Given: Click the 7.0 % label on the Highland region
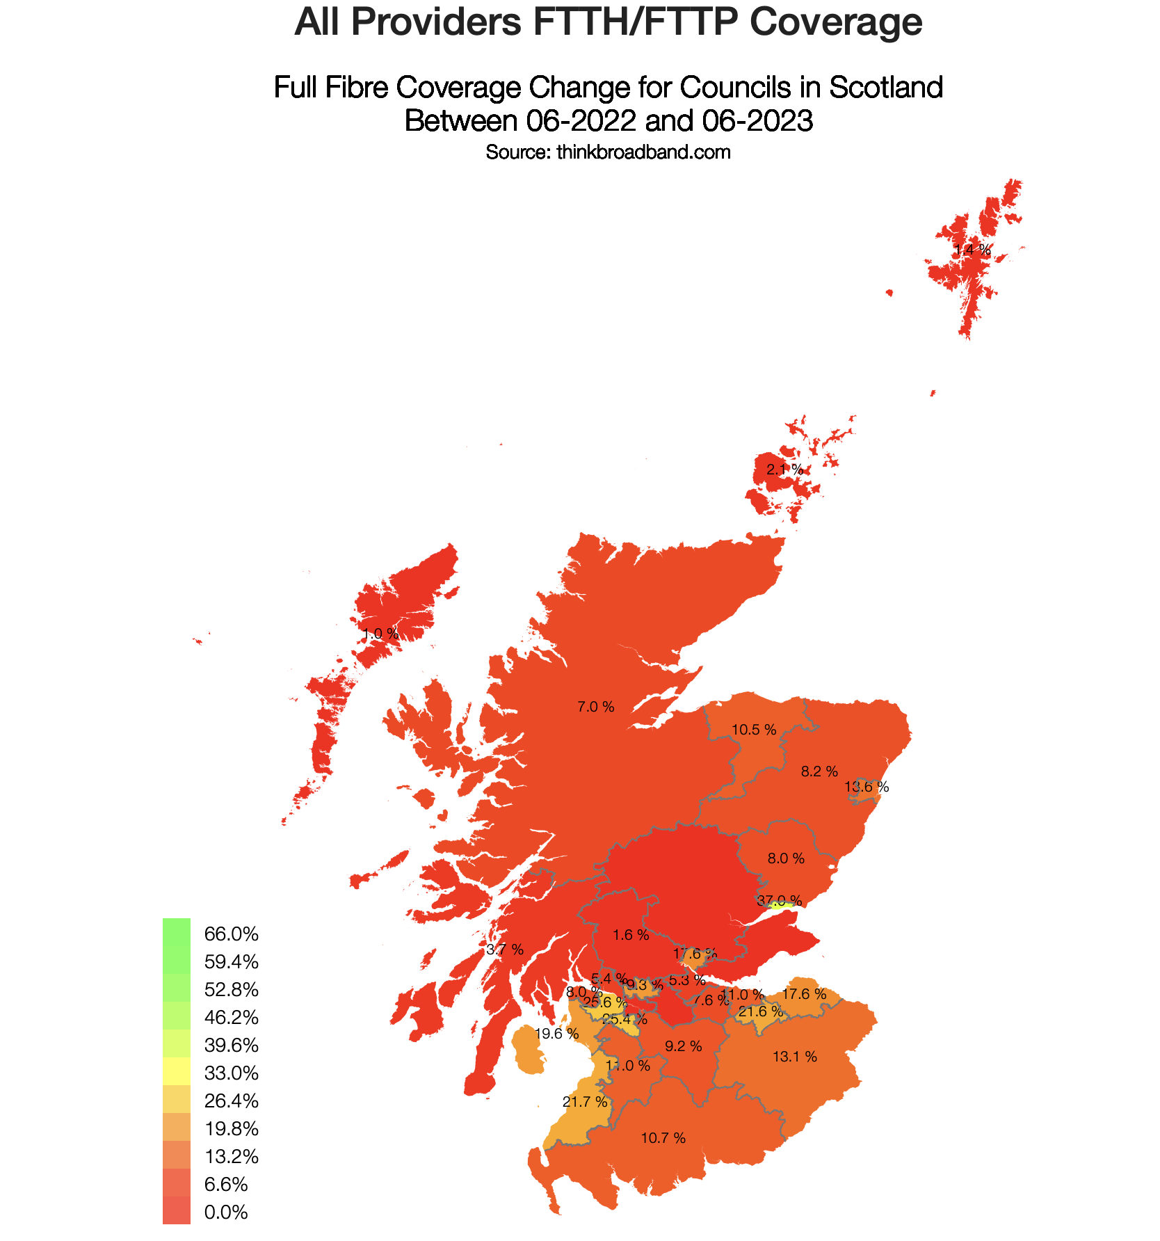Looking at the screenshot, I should tap(596, 707).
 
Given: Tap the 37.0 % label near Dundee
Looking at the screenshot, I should tap(779, 901).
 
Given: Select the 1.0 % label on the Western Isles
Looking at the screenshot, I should tap(380, 634).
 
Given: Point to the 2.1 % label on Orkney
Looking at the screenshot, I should tap(784, 470).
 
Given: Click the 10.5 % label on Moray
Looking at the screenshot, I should tap(754, 730).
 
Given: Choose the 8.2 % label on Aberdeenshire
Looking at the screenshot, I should tap(819, 771).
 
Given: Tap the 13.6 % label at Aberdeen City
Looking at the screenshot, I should tap(867, 787).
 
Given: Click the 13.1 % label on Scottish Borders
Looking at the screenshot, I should tap(794, 1057).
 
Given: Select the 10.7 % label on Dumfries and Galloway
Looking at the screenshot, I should tap(663, 1138).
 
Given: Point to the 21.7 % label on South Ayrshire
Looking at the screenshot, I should tap(585, 1102).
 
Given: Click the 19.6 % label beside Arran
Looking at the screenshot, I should tap(557, 1034).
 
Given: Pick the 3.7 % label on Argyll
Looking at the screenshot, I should tap(505, 950).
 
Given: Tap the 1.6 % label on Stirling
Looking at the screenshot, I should tap(631, 935).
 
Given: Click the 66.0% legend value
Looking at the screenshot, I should tap(232, 934).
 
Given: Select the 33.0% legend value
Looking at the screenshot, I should tap(232, 1073).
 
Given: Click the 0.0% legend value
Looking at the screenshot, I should tap(226, 1212).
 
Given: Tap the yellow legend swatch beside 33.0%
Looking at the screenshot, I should tap(176, 1071).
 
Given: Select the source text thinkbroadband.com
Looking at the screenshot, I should tap(643, 152).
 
